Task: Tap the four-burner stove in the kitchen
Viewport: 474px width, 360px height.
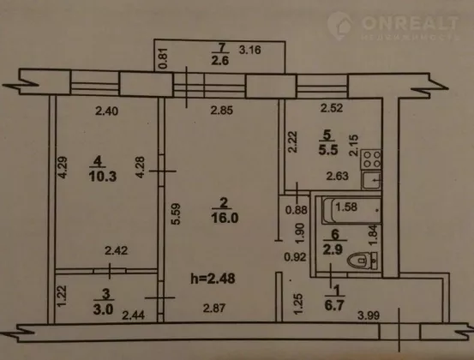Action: tap(371, 159)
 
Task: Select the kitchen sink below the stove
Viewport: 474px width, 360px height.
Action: tap(371, 180)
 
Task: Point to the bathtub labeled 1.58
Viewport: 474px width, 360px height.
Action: tap(351, 210)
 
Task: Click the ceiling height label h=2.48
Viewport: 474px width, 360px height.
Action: tap(213, 279)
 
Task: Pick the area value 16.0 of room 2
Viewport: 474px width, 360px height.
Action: tap(225, 218)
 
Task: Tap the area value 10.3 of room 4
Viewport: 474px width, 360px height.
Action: tap(103, 177)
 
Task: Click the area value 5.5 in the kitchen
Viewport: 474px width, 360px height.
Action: tap(328, 150)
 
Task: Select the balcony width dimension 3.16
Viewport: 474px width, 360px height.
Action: tap(250, 50)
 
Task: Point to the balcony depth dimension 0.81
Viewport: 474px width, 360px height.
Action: tap(163, 58)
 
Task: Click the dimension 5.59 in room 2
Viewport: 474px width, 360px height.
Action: tap(176, 214)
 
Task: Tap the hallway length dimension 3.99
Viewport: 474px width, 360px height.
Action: tap(369, 315)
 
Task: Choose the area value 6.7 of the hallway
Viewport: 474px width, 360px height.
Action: tap(334, 306)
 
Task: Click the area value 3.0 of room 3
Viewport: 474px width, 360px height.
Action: tap(103, 309)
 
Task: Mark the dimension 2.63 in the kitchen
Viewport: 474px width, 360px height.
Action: tap(338, 176)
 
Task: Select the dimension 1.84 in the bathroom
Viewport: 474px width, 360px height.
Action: tap(374, 234)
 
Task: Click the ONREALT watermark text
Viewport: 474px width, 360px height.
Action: tap(410, 23)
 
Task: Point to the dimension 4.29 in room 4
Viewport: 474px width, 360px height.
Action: tap(63, 167)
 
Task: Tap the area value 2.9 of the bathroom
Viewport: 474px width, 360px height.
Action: tap(333, 249)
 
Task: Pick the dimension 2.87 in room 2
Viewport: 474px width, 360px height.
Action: tap(214, 309)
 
